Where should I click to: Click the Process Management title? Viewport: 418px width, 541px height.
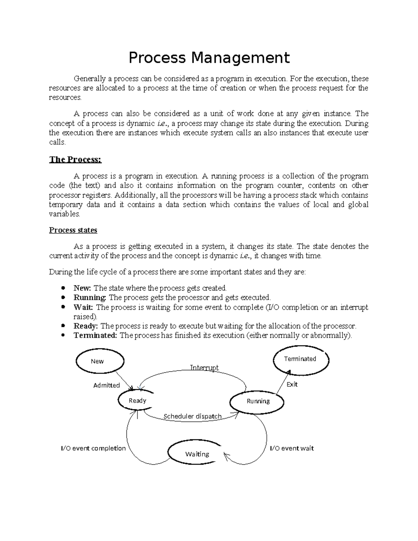[x=209, y=58]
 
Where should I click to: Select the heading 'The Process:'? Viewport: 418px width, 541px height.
[x=75, y=160]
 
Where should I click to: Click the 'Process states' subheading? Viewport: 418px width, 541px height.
[x=73, y=230]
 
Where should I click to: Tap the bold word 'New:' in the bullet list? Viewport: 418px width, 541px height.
[x=82, y=288]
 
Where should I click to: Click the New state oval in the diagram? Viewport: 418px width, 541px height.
[x=100, y=361]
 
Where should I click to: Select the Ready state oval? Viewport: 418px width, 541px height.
[x=137, y=401]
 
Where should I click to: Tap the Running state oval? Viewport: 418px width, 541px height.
[x=257, y=401]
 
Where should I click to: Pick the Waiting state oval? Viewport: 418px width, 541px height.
[x=197, y=454]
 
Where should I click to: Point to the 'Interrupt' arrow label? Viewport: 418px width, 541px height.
[x=204, y=368]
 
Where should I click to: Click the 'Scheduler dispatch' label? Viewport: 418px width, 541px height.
[x=192, y=416]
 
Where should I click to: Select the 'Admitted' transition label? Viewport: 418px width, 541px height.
[x=106, y=385]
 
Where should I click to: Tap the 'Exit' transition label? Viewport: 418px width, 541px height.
[x=292, y=384]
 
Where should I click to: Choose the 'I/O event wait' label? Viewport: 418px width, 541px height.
[x=292, y=448]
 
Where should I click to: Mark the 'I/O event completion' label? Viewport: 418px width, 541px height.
[x=93, y=448]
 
